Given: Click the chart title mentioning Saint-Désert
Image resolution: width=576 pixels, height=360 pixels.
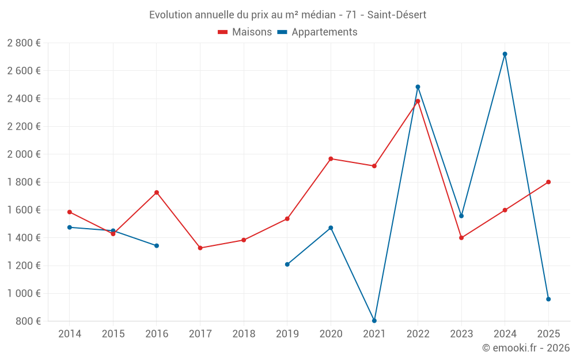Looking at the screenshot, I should (287, 15).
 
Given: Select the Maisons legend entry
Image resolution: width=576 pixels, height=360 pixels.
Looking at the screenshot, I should (245, 32).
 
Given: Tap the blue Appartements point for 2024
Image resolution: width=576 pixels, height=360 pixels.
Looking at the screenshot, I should (505, 54).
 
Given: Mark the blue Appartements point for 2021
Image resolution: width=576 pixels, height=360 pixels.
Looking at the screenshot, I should (374, 321).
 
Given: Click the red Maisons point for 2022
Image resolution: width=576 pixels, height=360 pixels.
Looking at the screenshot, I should (418, 101).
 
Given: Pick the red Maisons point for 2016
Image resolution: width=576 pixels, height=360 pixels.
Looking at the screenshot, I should (157, 192).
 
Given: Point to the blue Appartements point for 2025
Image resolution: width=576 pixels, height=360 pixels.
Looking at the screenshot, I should (548, 299).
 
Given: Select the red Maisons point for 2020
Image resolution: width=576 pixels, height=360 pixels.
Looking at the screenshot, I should (331, 158).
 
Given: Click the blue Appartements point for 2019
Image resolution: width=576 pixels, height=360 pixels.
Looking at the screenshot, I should (287, 264).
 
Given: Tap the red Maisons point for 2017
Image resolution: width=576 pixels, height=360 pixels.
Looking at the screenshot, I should (200, 248).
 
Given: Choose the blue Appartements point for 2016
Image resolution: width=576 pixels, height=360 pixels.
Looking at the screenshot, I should (157, 246).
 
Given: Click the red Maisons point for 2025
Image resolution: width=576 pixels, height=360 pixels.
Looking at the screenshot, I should (548, 182).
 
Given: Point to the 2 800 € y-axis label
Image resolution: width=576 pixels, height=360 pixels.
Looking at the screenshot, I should (24, 43).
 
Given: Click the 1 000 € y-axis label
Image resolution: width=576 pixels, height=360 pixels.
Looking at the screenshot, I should (24, 294).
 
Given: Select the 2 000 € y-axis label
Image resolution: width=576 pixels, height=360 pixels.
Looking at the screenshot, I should (24, 154).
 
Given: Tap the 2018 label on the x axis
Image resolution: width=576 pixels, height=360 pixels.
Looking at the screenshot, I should (244, 334).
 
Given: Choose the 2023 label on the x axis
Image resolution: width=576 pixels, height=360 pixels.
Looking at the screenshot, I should (461, 334).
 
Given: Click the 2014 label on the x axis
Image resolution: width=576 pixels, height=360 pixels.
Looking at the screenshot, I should (70, 334).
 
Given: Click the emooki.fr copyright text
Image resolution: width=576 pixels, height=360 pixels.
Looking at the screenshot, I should (525, 348).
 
